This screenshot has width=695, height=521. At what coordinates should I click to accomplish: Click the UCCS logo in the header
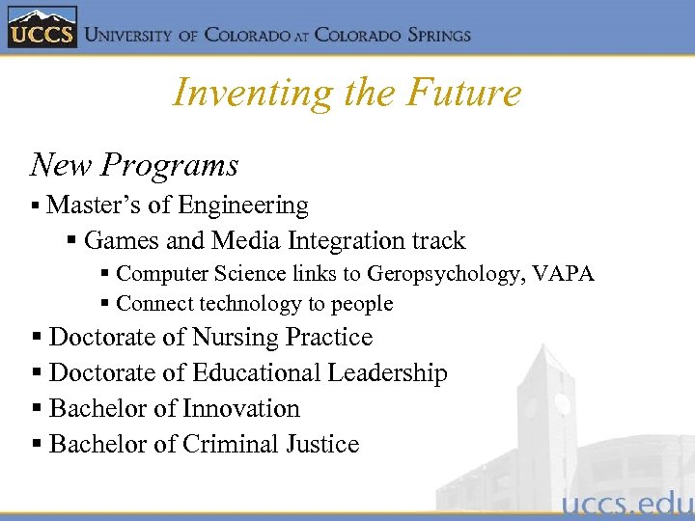tap(41, 28)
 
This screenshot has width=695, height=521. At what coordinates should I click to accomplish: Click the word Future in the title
tap(464, 93)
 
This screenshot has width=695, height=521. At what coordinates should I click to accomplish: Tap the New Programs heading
tap(134, 165)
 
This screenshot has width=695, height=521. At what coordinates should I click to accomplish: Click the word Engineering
tap(243, 206)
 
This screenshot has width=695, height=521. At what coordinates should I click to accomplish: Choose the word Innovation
tap(240, 409)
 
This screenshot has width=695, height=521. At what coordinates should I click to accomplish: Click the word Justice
tap(322, 445)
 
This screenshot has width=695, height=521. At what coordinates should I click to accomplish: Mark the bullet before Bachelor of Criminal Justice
tap(36, 445)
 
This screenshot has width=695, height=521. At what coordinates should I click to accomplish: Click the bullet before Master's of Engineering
tap(35, 206)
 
